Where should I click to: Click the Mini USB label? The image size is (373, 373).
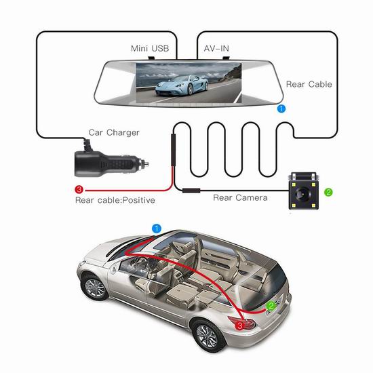[x=150, y=48]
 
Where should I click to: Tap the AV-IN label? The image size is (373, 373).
[x=216, y=49]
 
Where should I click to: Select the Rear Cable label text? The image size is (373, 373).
[x=309, y=84]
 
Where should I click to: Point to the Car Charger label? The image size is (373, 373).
[x=114, y=132]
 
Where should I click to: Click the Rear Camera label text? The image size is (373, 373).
[x=240, y=197]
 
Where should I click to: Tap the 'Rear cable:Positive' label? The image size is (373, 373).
[x=115, y=200]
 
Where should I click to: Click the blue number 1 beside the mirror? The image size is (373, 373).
[x=281, y=109]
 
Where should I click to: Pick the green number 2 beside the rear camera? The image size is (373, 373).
[x=328, y=192]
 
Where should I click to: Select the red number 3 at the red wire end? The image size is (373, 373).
[x=79, y=190]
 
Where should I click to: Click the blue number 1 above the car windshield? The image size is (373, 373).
[x=157, y=229]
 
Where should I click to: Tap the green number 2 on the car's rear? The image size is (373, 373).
[x=271, y=306]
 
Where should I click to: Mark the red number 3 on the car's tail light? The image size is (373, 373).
[x=240, y=326]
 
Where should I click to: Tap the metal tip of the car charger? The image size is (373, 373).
[x=145, y=163]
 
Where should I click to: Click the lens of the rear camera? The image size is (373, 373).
[x=303, y=192]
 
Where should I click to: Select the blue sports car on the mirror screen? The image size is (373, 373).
[x=182, y=85]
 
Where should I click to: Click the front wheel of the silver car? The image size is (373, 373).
[x=95, y=288]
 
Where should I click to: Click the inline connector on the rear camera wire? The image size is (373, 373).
[x=191, y=191]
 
